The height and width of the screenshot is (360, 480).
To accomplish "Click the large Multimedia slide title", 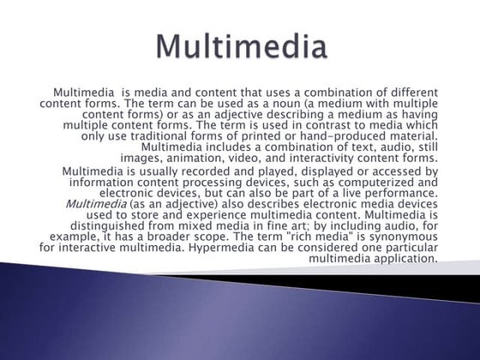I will point(243,45).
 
